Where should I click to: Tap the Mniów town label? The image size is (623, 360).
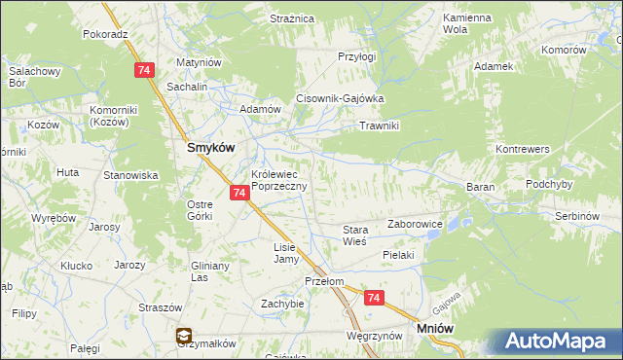coord(435,330)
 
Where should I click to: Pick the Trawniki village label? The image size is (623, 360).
coord(380,126)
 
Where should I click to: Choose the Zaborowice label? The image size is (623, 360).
coord(416,224)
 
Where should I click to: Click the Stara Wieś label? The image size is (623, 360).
coord(353,235)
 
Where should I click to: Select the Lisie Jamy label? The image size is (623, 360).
coord(284,253)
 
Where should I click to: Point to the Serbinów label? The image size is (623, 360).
coord(575,214)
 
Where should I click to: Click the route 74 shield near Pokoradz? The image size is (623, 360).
coord(144,70)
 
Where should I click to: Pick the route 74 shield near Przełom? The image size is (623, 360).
coord(372,299)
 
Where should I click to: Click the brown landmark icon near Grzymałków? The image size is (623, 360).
coord(183,337)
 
